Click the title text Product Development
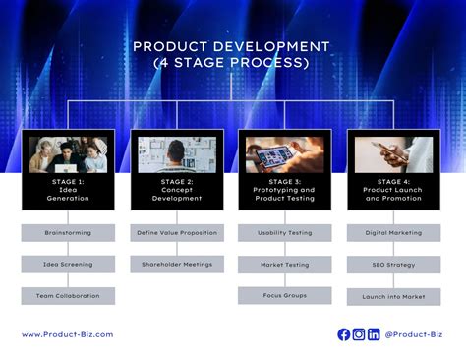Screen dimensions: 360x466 click(232, 46)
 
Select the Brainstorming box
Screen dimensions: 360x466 click(69, 233)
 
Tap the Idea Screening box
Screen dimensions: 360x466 click(69, 264)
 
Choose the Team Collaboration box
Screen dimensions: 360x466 click(69, 295)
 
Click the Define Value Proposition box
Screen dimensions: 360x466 click(177, 233)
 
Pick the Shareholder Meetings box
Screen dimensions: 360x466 click(177, 264)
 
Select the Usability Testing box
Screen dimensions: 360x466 click(285, 233)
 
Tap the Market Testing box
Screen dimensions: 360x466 click(285, 264)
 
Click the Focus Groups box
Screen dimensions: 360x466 click(285, 295)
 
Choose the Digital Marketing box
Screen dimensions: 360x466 click(393, 233)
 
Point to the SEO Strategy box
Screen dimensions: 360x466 click(393, 264)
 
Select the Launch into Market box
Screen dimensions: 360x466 click(393, 295)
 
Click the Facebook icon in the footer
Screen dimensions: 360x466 click(344, 334)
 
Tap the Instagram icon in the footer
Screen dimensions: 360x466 click(359, 334)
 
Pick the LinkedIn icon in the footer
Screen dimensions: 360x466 click(374, 334)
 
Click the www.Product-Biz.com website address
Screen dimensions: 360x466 click(67, 334)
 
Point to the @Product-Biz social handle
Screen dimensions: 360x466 click(413, 334)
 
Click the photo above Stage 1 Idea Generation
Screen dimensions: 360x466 click(69, 154)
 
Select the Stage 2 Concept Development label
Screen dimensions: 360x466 click(177, 190)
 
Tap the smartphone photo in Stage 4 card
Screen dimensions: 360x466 click(393, 154)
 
